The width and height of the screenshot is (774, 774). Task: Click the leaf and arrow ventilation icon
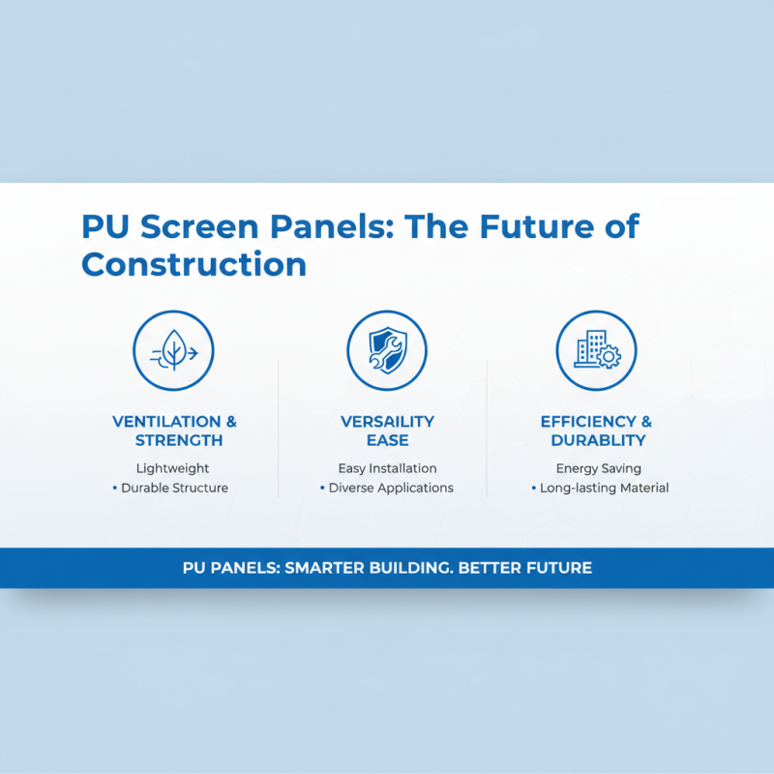pyautogui.click(x=174, y=351)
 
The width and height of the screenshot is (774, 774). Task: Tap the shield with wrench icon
pyautogui.click(x=387, y=351)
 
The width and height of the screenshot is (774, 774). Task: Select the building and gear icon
pyautogui.click(x=596, y=351)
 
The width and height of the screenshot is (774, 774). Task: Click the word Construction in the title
pyautogui.click(x=193, y=263)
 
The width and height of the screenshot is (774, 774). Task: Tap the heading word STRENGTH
pyautogui.click(x=179, y=440)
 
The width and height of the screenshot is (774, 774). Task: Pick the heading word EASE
pyautogui.click(x=387, y=440)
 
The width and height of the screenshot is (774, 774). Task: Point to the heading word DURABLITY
pyautogui.click(x=598, y=440)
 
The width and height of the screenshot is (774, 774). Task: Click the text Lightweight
pyautogui.click(x=173, y=468)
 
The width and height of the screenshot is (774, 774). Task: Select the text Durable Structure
pyautogui.click(x=174, y=488)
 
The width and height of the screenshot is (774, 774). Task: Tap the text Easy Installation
pyautogui.click(x=387, y=468)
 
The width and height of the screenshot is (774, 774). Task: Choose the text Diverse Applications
pyautogui.click(x=391, y=488)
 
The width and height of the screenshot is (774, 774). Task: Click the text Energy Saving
pyautogui.click(x=598, y=468)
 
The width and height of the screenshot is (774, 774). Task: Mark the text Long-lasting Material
pyautogui.click(x=604, y=488)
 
